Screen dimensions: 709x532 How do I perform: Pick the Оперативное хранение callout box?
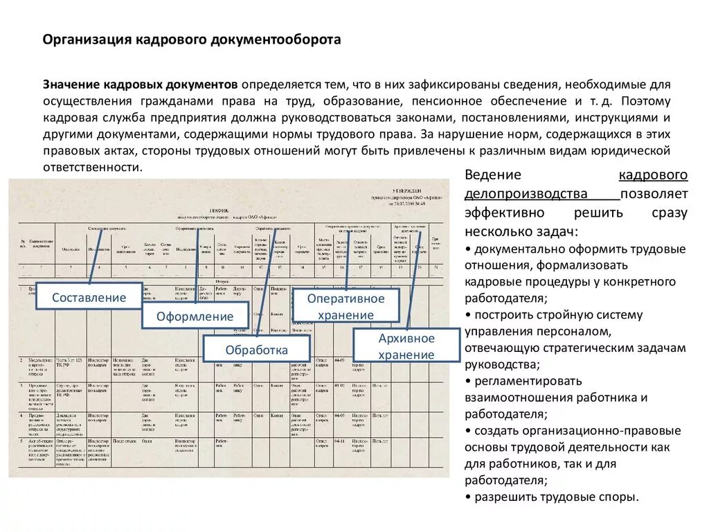(x=345, y=306)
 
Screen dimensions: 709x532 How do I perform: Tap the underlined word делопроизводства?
(x=526, y=193)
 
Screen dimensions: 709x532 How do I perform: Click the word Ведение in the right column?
(x=492, y=175)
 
